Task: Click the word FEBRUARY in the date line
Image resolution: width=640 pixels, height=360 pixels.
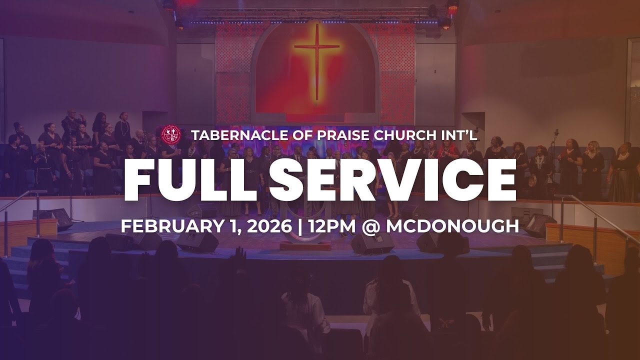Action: coord(169,226)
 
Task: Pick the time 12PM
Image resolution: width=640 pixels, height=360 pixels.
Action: coord(330,226)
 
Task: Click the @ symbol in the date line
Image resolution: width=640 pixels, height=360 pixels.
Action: coord(371,226)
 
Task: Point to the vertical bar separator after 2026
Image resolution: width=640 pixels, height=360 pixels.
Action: coord(300,226)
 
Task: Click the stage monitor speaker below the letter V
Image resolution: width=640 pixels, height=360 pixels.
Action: coord(372,244)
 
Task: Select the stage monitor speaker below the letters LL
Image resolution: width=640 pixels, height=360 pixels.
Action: coord(197,242)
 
